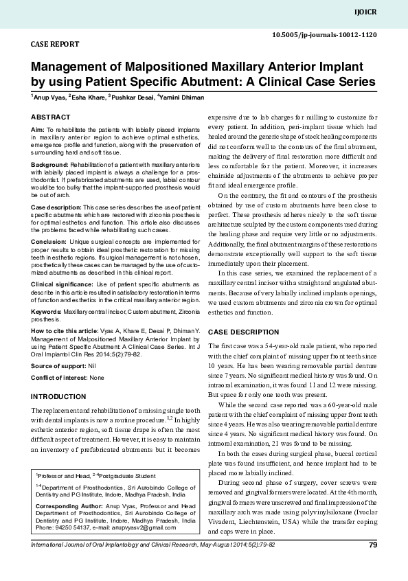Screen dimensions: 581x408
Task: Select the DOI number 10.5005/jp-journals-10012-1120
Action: tap(324, 34)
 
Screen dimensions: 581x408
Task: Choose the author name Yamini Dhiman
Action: tap(181, 98)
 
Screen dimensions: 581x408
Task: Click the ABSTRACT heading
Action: tap(50, 117)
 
